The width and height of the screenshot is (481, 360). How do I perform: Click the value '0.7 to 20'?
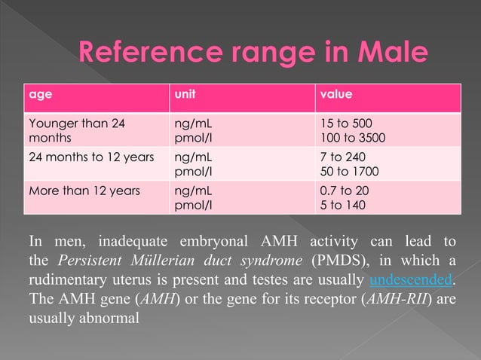coord(345,191)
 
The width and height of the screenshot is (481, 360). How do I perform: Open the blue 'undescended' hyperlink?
coord(412,279)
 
